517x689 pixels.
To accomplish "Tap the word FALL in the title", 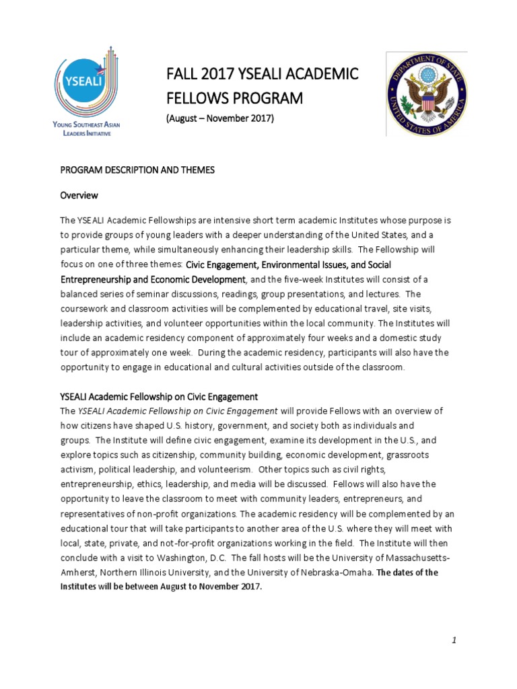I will click(x=181, y=74).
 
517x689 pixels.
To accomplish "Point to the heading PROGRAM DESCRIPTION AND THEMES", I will click(x=137, y=170).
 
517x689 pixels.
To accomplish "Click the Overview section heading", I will click(x=79, y=195).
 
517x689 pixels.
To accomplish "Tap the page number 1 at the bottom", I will click(x=455, y=640).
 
